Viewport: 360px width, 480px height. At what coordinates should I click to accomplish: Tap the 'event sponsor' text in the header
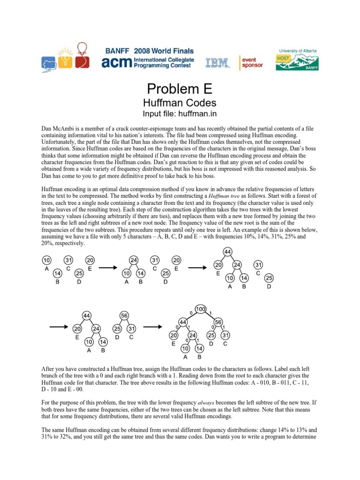252,62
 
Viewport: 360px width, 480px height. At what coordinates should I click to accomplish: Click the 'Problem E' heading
180,89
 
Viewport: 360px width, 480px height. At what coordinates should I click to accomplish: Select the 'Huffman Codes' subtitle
180,103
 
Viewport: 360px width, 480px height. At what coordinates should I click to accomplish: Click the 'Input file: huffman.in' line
180,114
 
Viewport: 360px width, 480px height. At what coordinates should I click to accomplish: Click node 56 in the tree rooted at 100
218,322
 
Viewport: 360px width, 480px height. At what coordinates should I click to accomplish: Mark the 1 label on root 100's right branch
212,312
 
